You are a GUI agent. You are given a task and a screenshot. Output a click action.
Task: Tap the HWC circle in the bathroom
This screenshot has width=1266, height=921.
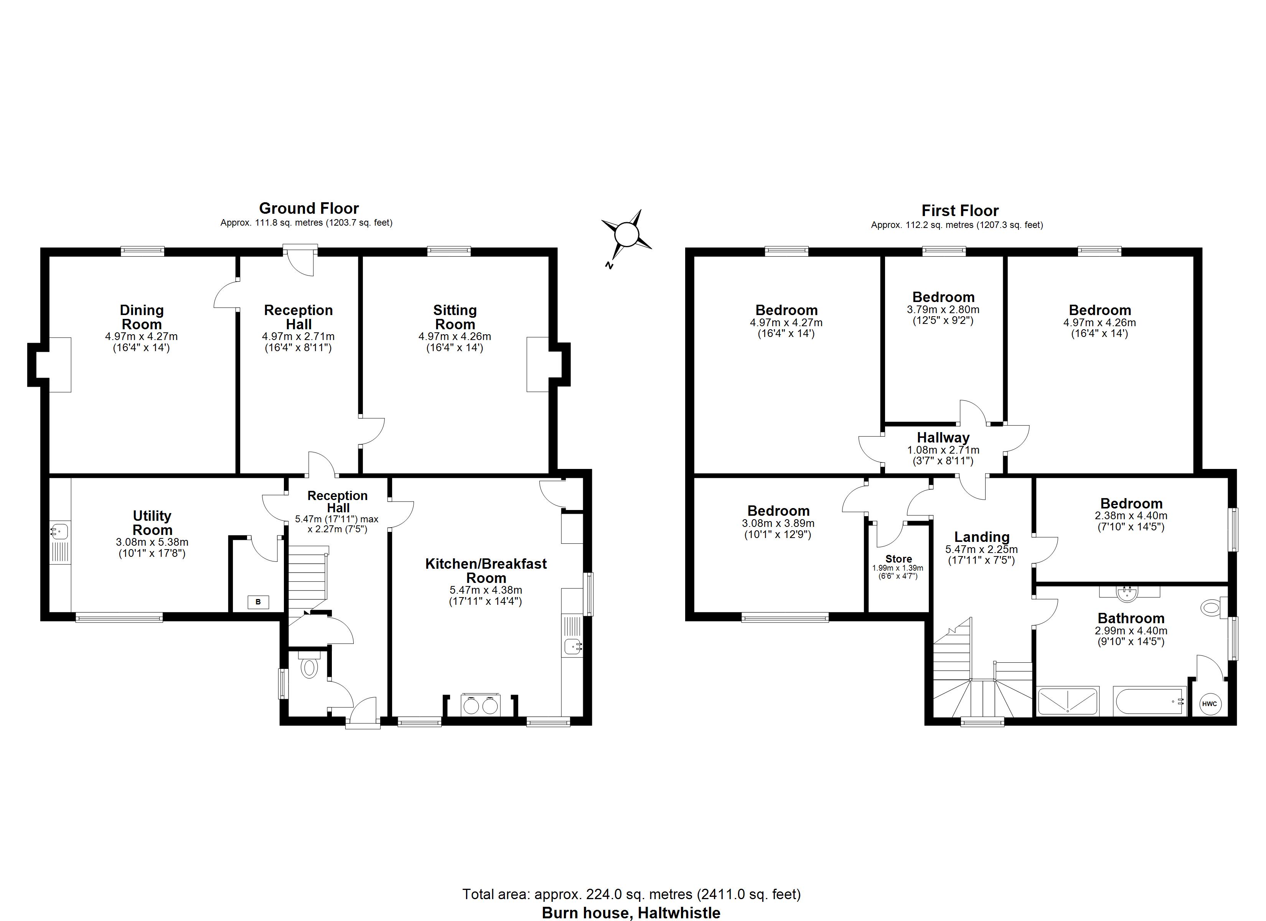coord(1209,704)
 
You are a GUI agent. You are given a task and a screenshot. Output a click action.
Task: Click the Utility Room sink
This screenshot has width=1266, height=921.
coord(59,531)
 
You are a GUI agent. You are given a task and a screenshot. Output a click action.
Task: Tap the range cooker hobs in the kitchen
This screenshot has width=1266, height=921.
coord(481,705)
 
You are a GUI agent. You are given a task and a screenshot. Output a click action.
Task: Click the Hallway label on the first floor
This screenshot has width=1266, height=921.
coord(943,438)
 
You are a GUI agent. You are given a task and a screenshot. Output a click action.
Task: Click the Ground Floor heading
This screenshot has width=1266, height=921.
coord(309,209)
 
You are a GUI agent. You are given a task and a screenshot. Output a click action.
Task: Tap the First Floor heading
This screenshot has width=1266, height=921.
coord(959,211)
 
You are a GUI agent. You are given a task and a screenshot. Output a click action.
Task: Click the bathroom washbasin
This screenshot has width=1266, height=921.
coord(1129,593)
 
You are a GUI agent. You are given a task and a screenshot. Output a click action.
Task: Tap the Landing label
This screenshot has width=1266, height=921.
coord(981,537)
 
